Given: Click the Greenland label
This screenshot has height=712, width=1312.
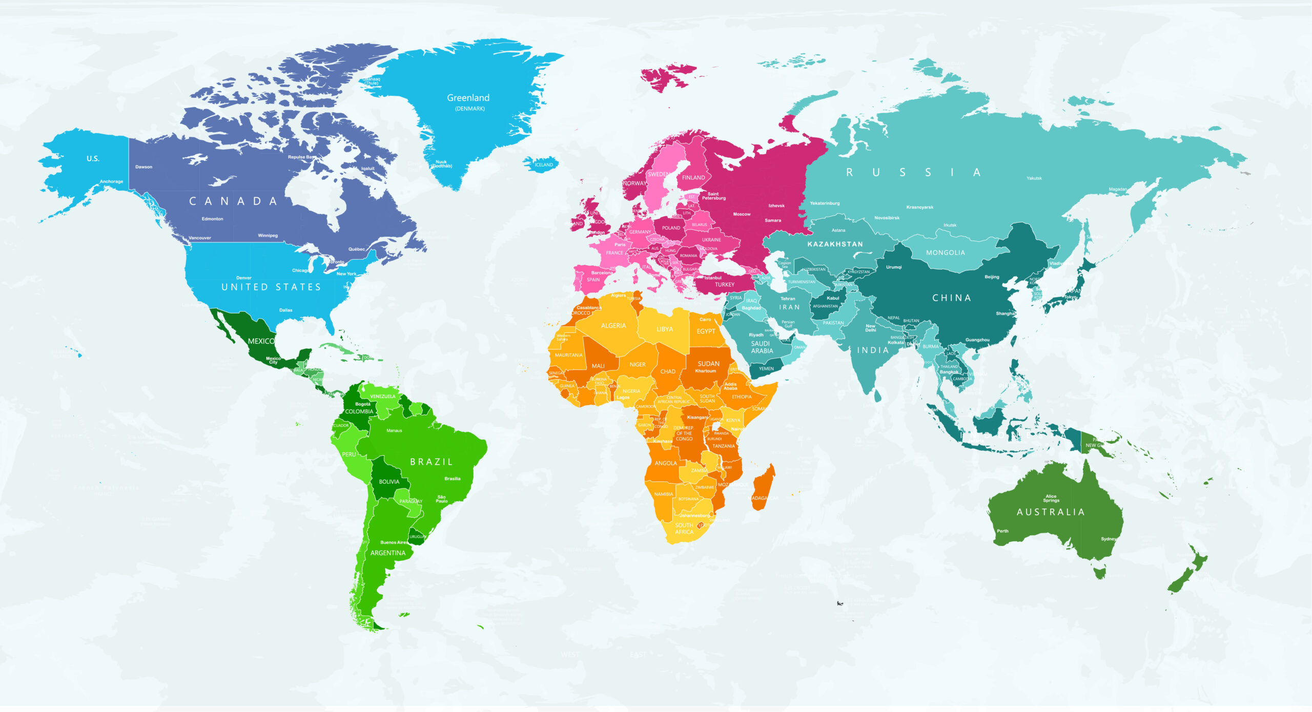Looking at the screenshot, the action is click(x=468, y=98).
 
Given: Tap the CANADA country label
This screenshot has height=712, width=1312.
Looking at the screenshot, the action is click(x=233, y=201).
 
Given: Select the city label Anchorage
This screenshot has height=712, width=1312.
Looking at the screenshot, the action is click(x=111, y=181).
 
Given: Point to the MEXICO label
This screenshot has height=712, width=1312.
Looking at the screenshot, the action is click(x=261, y=341).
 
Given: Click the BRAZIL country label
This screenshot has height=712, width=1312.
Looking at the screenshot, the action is click(x=432, y=462).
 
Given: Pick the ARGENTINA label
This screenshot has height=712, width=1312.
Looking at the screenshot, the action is click(x=388, y=553).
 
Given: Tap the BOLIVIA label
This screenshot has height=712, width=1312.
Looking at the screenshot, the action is click(x=389, y=482).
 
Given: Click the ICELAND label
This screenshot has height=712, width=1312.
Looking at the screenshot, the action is click(x=544, y=165).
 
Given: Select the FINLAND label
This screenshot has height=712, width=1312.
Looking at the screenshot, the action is click(x=693, y=178).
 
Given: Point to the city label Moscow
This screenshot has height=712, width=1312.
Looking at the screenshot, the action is click(x=742, y=214).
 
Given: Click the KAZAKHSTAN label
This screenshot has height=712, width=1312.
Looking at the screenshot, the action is click(x=835, y=244).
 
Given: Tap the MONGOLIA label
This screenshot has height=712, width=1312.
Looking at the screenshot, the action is click(x=945, y=253).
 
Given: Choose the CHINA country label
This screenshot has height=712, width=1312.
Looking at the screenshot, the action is click(x=952, y=298).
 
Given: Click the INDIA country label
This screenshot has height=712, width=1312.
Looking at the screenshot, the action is click(x=873, y=350).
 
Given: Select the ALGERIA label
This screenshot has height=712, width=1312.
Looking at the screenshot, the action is click(x=613, y=326).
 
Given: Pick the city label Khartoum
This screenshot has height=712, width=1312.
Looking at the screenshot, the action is click(x=706, y=371).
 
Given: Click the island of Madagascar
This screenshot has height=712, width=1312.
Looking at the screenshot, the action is click(x=764, y=487).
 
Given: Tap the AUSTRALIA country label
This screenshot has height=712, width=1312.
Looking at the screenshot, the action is click(x=1051, y=512).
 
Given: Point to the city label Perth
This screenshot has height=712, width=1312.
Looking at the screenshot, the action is click(x=1002, y=531).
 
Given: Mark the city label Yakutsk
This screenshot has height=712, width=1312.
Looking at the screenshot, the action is click(x=1034, y=178).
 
